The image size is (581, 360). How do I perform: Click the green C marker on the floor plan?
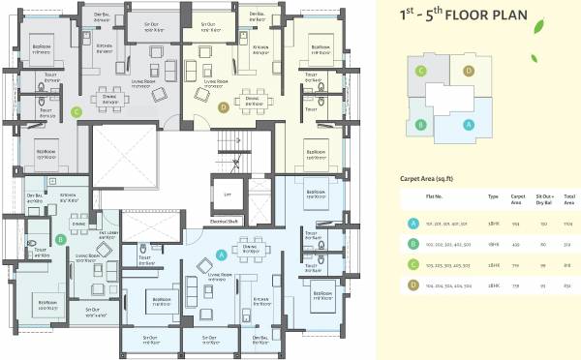point(75,111)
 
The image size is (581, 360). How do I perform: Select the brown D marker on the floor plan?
point(223,107)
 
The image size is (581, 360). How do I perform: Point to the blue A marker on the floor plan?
point(222,255)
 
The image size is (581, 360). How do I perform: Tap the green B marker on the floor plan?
point(61,239)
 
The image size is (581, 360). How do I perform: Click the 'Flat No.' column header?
point(435,196)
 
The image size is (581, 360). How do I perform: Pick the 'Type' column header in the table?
point(493,196)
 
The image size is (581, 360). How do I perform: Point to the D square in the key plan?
point(469,71)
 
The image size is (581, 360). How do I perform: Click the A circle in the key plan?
point(470,124)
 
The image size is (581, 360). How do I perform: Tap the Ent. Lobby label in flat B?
point(107,233)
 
